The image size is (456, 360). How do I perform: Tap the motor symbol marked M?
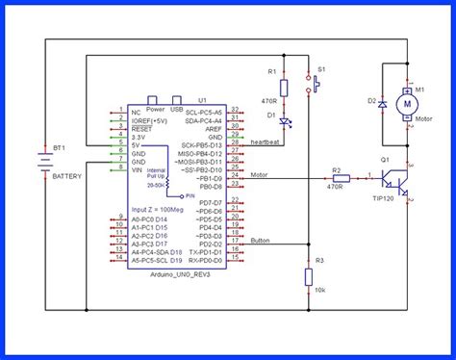(407, 101)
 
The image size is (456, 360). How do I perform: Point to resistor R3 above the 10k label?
(308, 277)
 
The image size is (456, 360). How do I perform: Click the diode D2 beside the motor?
(383, 101)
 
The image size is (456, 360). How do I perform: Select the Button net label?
(260, 241)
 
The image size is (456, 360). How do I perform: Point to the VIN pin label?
(138, 169)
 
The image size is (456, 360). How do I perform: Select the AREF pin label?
(213, 128)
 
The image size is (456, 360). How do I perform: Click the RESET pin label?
(141, 128)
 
